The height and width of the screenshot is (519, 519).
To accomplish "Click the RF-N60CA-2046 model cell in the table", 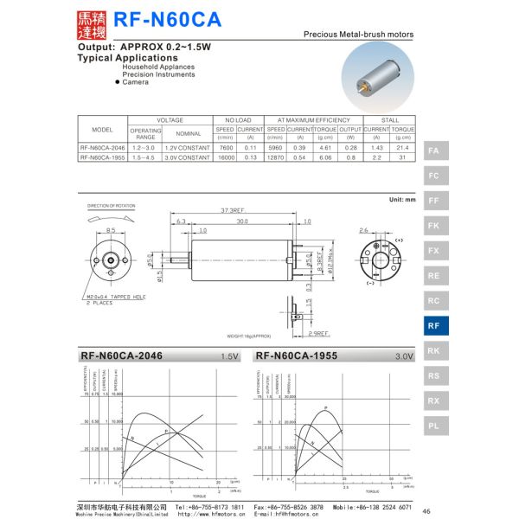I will [103, 148].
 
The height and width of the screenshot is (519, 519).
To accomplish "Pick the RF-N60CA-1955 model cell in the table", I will [103, 158].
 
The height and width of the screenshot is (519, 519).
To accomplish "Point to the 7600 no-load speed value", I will [225, 148].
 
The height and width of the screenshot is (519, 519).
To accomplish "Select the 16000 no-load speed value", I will [225, 158].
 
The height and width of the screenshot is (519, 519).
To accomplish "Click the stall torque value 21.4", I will [402, 148].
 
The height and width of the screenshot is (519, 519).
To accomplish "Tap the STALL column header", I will [389, 119].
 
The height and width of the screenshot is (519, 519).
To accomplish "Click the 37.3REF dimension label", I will [231, 210].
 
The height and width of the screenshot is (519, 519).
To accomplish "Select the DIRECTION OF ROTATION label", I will [112, 206].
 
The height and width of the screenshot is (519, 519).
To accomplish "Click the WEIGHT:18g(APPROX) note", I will [249, 336].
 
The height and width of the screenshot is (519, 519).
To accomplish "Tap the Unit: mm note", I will [402, 200].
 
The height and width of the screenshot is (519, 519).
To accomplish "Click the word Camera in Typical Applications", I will [135, 82].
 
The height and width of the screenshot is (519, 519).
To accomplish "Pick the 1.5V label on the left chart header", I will [229, 356].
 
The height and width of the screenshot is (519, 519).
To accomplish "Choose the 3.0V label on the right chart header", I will [404, 356].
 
